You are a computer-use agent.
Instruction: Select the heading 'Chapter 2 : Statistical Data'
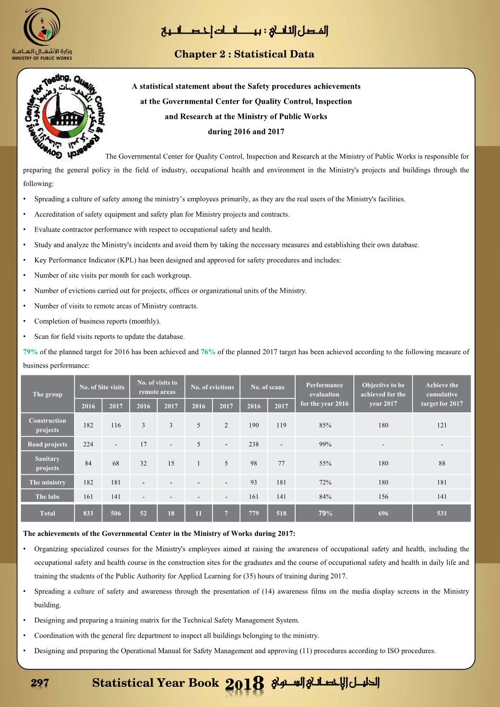pyautogui.click(x=244, y=54)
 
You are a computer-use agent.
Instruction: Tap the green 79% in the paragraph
pyautogui.click(x=30, y=352)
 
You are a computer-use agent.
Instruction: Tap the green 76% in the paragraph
pyautogui.click(x=208, y=352)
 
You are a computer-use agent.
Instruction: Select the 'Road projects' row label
pyautogui.click(x=47, y=444)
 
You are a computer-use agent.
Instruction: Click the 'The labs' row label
pyautogui.click(x=47, y=496)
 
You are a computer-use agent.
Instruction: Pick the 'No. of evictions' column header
pyautogui.click(x=212, y=387)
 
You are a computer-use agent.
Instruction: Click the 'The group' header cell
pyautogui.click(x=47, y=394)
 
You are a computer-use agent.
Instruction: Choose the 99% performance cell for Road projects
pyautogui.click(x=325, y=444)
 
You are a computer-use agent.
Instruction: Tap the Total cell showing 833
pyautogui.click(x=88, y=513)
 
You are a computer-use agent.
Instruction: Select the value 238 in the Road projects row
pyautogui.click(x=253, y=444)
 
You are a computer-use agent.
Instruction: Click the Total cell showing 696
pyautogui.click(x=383, y=513)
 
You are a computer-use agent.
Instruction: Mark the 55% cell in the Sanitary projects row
pyautogui.click(x=325, y=463)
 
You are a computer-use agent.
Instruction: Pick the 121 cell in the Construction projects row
pyautogui.click(x=442, y=425)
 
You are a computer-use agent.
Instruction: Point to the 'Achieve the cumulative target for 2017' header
pyautogui.click(x=442, y=394)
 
